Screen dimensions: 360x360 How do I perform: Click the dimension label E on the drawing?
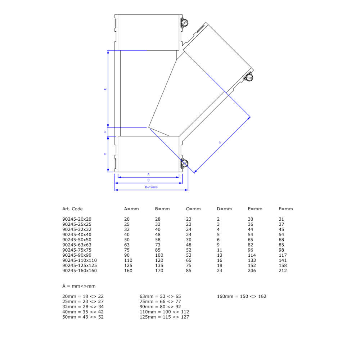coord(105,89)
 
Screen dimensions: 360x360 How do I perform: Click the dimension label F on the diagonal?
coord(220,143)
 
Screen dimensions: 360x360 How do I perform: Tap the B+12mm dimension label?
coord(151,187)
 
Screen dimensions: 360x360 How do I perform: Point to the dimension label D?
coord(105,132)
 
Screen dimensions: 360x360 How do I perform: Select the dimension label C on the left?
coord(105,154)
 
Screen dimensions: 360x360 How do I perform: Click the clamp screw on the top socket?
coord(184,23)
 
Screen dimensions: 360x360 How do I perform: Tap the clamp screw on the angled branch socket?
coord(248,77)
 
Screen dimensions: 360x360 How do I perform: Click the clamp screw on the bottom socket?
coord(184,163)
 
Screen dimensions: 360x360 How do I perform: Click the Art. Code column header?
coord(72,209)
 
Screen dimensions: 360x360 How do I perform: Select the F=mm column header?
coord(285,209)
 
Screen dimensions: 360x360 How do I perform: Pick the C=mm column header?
coord(193,209)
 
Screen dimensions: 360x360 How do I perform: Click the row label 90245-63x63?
coord(77,245)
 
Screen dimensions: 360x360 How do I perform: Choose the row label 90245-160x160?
coord(80,271)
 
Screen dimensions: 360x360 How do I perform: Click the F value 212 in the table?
coord(283,271)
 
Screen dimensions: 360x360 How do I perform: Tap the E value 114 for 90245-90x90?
coord(252,255)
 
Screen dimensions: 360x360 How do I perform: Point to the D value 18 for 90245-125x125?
coord(220,266)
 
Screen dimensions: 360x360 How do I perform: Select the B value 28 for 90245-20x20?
coord(158,219)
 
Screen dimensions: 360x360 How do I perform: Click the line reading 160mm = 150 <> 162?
coord(242,296)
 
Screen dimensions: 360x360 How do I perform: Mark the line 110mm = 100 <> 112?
coord(164,312)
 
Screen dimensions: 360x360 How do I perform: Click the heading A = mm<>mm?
coord(79,286)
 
